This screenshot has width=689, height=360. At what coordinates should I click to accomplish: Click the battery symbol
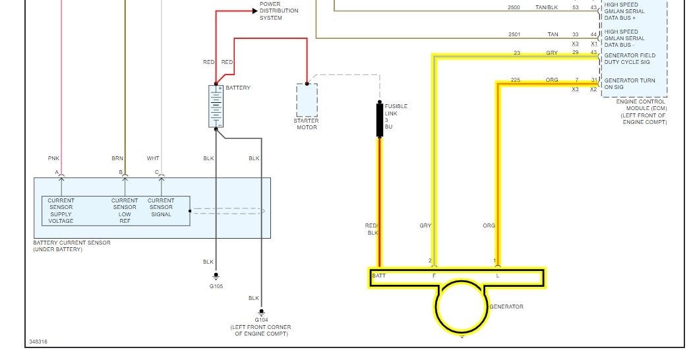(216, 106)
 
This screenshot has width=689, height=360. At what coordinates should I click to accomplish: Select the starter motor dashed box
(307, 100)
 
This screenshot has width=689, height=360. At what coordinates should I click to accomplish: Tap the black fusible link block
(380, 119)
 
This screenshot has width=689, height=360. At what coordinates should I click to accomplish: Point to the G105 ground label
(216, 287)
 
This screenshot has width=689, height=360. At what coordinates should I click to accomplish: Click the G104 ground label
(261, 320)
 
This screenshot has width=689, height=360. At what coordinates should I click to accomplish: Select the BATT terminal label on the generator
(379, 276)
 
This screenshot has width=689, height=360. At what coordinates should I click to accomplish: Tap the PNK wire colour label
(53, 158)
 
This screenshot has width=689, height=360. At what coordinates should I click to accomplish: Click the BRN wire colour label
(117, 158)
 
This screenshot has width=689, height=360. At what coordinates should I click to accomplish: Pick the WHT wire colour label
(153, 158)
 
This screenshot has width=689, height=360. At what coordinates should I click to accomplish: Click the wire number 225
(516, 80)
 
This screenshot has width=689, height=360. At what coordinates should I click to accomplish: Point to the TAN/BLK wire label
(547, 7)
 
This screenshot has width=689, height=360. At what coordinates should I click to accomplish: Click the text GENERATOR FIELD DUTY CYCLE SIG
(630, 59)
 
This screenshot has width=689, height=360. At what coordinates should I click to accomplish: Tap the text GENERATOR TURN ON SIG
(630, 84)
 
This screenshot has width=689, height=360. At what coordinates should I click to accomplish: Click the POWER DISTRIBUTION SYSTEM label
(279, 11)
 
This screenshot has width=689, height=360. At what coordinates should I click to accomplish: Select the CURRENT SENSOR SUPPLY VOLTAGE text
(61, 210)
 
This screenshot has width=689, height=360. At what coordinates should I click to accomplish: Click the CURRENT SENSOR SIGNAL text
(161, 207)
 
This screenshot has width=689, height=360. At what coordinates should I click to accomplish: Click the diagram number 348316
(38, 342)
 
